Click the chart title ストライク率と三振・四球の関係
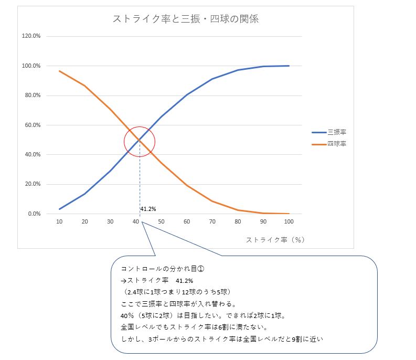pos(186,19)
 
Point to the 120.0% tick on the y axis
pos(31,36)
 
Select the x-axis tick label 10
pos(59,222)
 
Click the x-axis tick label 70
pos(212,222)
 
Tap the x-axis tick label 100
pos(289,222)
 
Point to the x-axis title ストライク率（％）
pos(275,239)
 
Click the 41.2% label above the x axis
pos(148,209)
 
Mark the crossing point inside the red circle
pos(140,141)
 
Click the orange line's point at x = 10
pos(59,71)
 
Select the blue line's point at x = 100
pos(289,66)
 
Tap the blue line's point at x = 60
pos(187,94)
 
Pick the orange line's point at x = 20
pos(84,86)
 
